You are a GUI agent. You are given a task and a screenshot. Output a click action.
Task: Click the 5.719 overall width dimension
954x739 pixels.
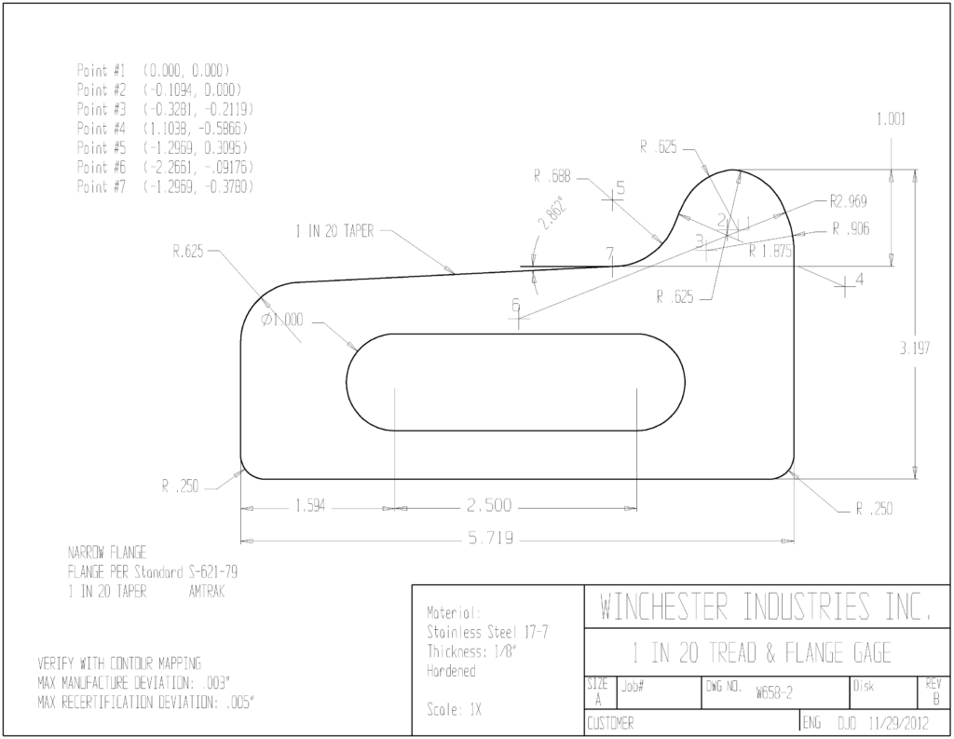pos(490,538)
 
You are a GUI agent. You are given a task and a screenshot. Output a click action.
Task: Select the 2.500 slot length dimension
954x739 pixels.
pos(489,505)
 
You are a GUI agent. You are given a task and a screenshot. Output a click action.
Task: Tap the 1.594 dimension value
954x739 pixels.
pos(310,506)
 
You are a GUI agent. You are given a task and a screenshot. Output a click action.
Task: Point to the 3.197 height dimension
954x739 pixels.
pos(915,349)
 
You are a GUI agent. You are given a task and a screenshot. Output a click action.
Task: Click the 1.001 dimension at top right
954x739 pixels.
pos(891,119)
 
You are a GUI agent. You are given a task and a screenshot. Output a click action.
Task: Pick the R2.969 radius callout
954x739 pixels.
pos(848,201)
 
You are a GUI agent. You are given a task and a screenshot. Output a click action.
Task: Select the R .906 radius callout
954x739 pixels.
pos(852,229)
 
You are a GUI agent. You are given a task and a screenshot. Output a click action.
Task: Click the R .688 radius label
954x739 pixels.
pos(552,176)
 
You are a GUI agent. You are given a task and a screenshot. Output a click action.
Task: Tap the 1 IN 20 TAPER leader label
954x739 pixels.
pos(334,231)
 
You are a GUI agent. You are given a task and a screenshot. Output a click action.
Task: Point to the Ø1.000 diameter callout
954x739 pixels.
pos(281,320)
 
